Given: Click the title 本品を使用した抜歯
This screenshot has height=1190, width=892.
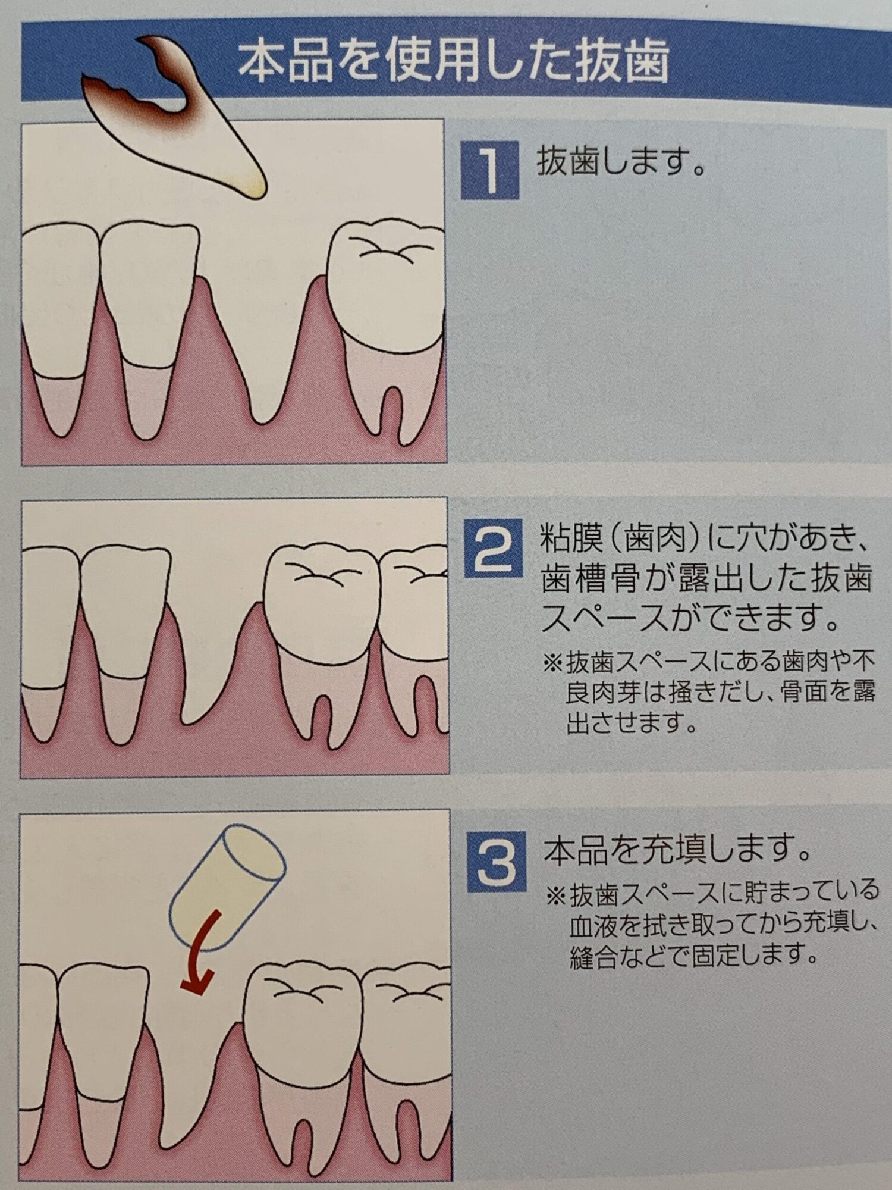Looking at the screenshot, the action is click(454, 61).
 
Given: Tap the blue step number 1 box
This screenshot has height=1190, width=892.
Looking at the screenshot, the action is click(490, 170).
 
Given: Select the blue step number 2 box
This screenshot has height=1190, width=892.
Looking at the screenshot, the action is click(493, 547).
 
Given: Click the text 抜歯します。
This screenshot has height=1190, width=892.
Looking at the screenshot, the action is click(621, 162).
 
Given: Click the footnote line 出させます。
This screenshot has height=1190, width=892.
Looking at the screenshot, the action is click(632, 723).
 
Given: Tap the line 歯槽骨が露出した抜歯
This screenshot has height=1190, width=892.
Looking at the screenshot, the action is click(706, 579).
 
